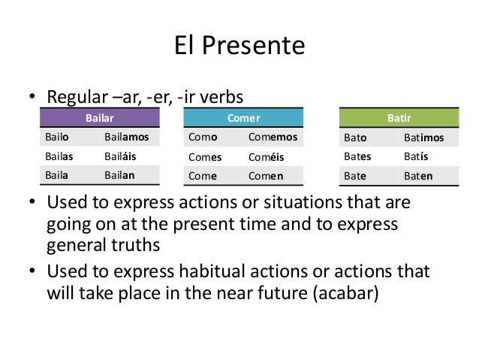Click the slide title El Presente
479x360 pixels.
tap(239, 47)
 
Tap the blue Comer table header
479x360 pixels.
tap(243, 119)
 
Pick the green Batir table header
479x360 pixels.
tap(399, 119)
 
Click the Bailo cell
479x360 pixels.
tap(58, 138)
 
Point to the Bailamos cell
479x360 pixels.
tap(126, 138)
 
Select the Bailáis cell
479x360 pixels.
tap(121, 156)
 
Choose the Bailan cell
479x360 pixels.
tap(119, 174)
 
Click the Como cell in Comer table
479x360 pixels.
tap(202, 138)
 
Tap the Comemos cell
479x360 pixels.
tap(272, 138)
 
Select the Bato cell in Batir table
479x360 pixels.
tap(355, 138)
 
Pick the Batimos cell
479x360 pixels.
tap(423, 138)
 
